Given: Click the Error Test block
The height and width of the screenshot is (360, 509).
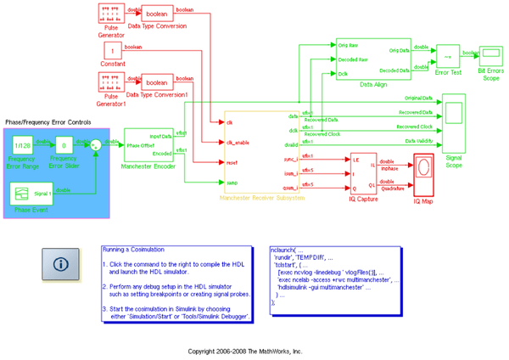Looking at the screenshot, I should [x=448, y=56].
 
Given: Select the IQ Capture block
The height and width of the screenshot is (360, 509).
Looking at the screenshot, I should [x=363, y=174].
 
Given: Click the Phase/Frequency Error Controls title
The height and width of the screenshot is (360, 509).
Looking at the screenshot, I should [x=48, y=123].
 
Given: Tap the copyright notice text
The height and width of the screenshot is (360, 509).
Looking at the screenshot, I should [x=244, y=350].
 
